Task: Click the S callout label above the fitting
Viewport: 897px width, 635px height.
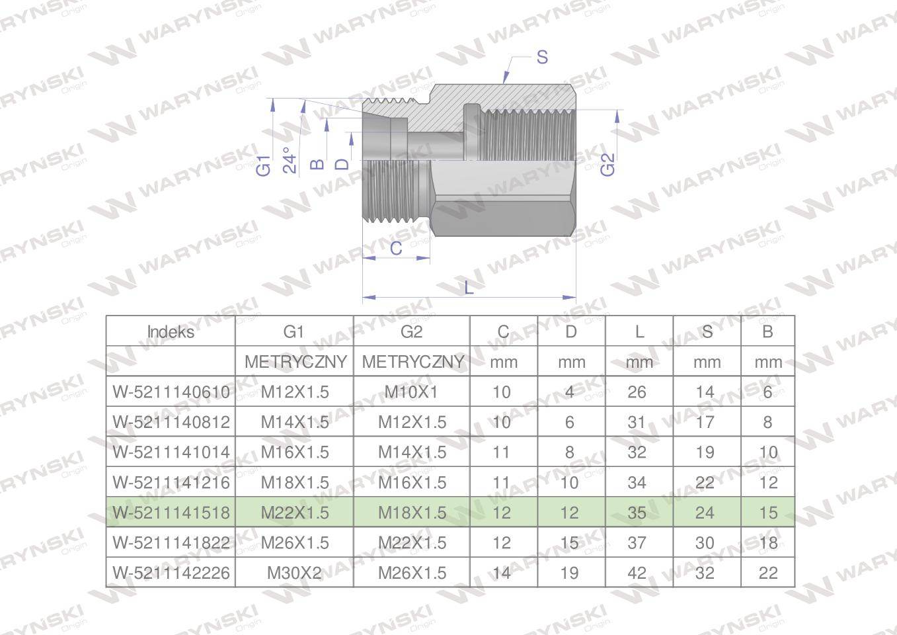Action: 542,58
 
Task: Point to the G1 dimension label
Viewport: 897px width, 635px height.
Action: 264,165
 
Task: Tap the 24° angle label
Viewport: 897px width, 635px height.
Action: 290,161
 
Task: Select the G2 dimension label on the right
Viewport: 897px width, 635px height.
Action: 607,165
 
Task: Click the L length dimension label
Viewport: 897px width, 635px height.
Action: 469,288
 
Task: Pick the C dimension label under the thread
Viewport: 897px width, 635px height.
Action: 396,248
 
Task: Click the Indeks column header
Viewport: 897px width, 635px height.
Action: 171,331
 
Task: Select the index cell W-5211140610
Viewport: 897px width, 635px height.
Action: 171,392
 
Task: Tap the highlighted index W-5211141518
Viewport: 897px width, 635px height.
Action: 171,513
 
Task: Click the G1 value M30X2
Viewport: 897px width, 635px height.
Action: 294,573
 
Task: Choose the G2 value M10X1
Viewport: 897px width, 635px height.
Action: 411,392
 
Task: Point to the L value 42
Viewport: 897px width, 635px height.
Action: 637,573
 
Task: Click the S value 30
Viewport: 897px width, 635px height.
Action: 705,543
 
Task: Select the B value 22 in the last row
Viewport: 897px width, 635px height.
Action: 767,573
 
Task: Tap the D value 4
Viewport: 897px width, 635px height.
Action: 570,392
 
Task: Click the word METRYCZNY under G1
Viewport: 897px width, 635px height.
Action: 295,362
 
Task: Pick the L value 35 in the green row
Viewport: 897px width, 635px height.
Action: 637,513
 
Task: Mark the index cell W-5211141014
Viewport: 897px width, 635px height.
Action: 171,452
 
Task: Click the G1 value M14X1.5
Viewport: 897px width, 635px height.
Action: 294,422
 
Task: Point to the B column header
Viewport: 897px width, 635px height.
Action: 767,331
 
